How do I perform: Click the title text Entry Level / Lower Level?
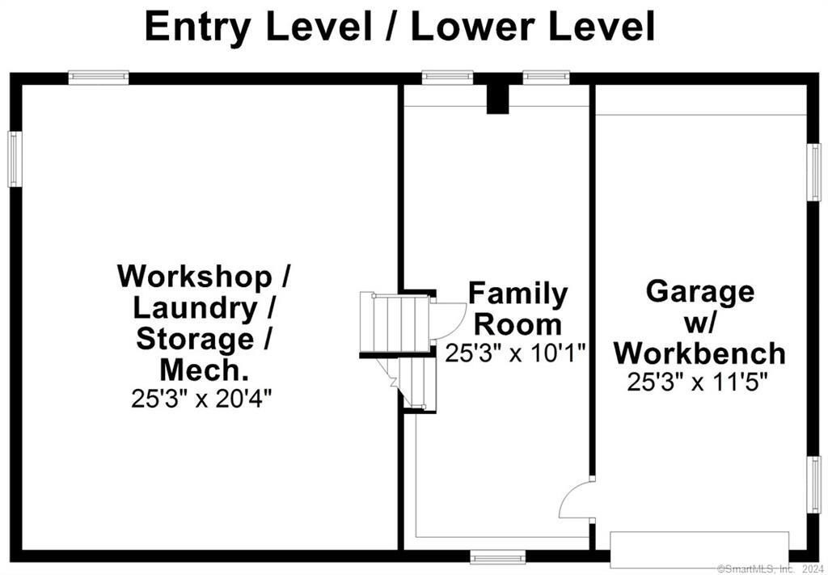pyautogui.click(x=399, y=27)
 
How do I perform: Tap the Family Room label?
pyautogui.click(x=517, y=308)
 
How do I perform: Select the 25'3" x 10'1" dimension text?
pyautogui.click(x=516, y=353)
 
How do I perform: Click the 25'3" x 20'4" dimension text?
pyautogui.click(x=202, y=399)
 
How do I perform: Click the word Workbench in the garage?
pyautogui.click(x=699, y=353)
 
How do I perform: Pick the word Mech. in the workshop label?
pyautogui.click(x=203, y=370)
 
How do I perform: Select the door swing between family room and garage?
pyautogui.click(x=576, y=501)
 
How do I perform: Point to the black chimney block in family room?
pyautogui.click(x=497, y=97)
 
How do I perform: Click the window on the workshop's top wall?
pyautogui.click(x=98, y=78)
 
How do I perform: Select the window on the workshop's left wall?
pyautogui.click(x=15, y=159)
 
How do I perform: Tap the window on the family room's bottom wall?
pyautogui.click(x=497, y=557)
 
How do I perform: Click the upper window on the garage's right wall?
pyautogui.click(x=815, y=172)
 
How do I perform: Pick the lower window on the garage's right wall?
pyautogui.click(x=815, y=484)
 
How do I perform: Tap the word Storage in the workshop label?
pyautogui.click(x=194, y=339)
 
